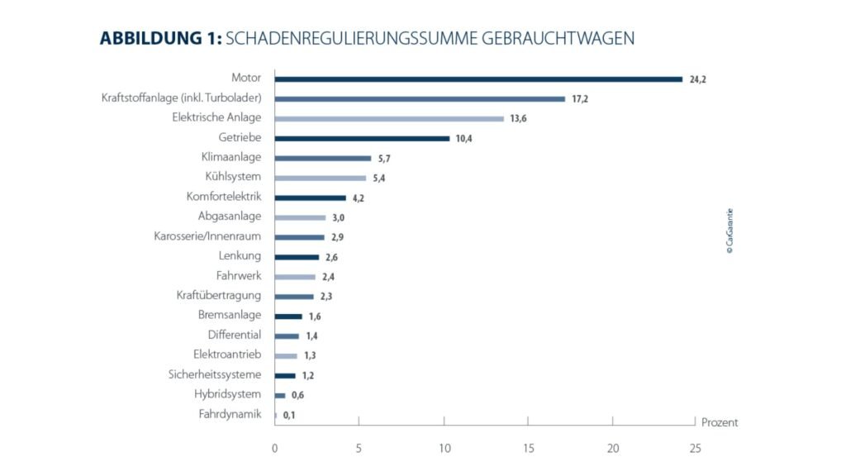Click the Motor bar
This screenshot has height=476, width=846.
click(478, 79)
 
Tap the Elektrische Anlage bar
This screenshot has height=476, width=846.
click(389, 118)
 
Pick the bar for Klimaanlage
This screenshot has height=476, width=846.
click(323, 158)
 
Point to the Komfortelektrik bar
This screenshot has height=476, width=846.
click(310, 198)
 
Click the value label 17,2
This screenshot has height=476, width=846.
click(579, 99)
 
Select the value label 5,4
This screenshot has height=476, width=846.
click(380, 178)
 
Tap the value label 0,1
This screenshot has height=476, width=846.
click(289, 415)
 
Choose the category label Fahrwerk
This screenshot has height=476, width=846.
click(238, 276)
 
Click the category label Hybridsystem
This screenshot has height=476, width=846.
click(227, 394)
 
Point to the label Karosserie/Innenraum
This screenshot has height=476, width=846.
click(207, 236)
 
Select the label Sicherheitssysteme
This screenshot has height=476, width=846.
click(214, 374)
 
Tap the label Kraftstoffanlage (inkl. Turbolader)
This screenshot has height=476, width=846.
click(181, 98)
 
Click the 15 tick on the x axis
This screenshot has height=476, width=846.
click(528, 448)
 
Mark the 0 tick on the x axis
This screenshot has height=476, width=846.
click(275, 448)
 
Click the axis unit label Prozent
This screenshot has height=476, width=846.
click(719, 422)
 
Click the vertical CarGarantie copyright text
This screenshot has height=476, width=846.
click(730, 236)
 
